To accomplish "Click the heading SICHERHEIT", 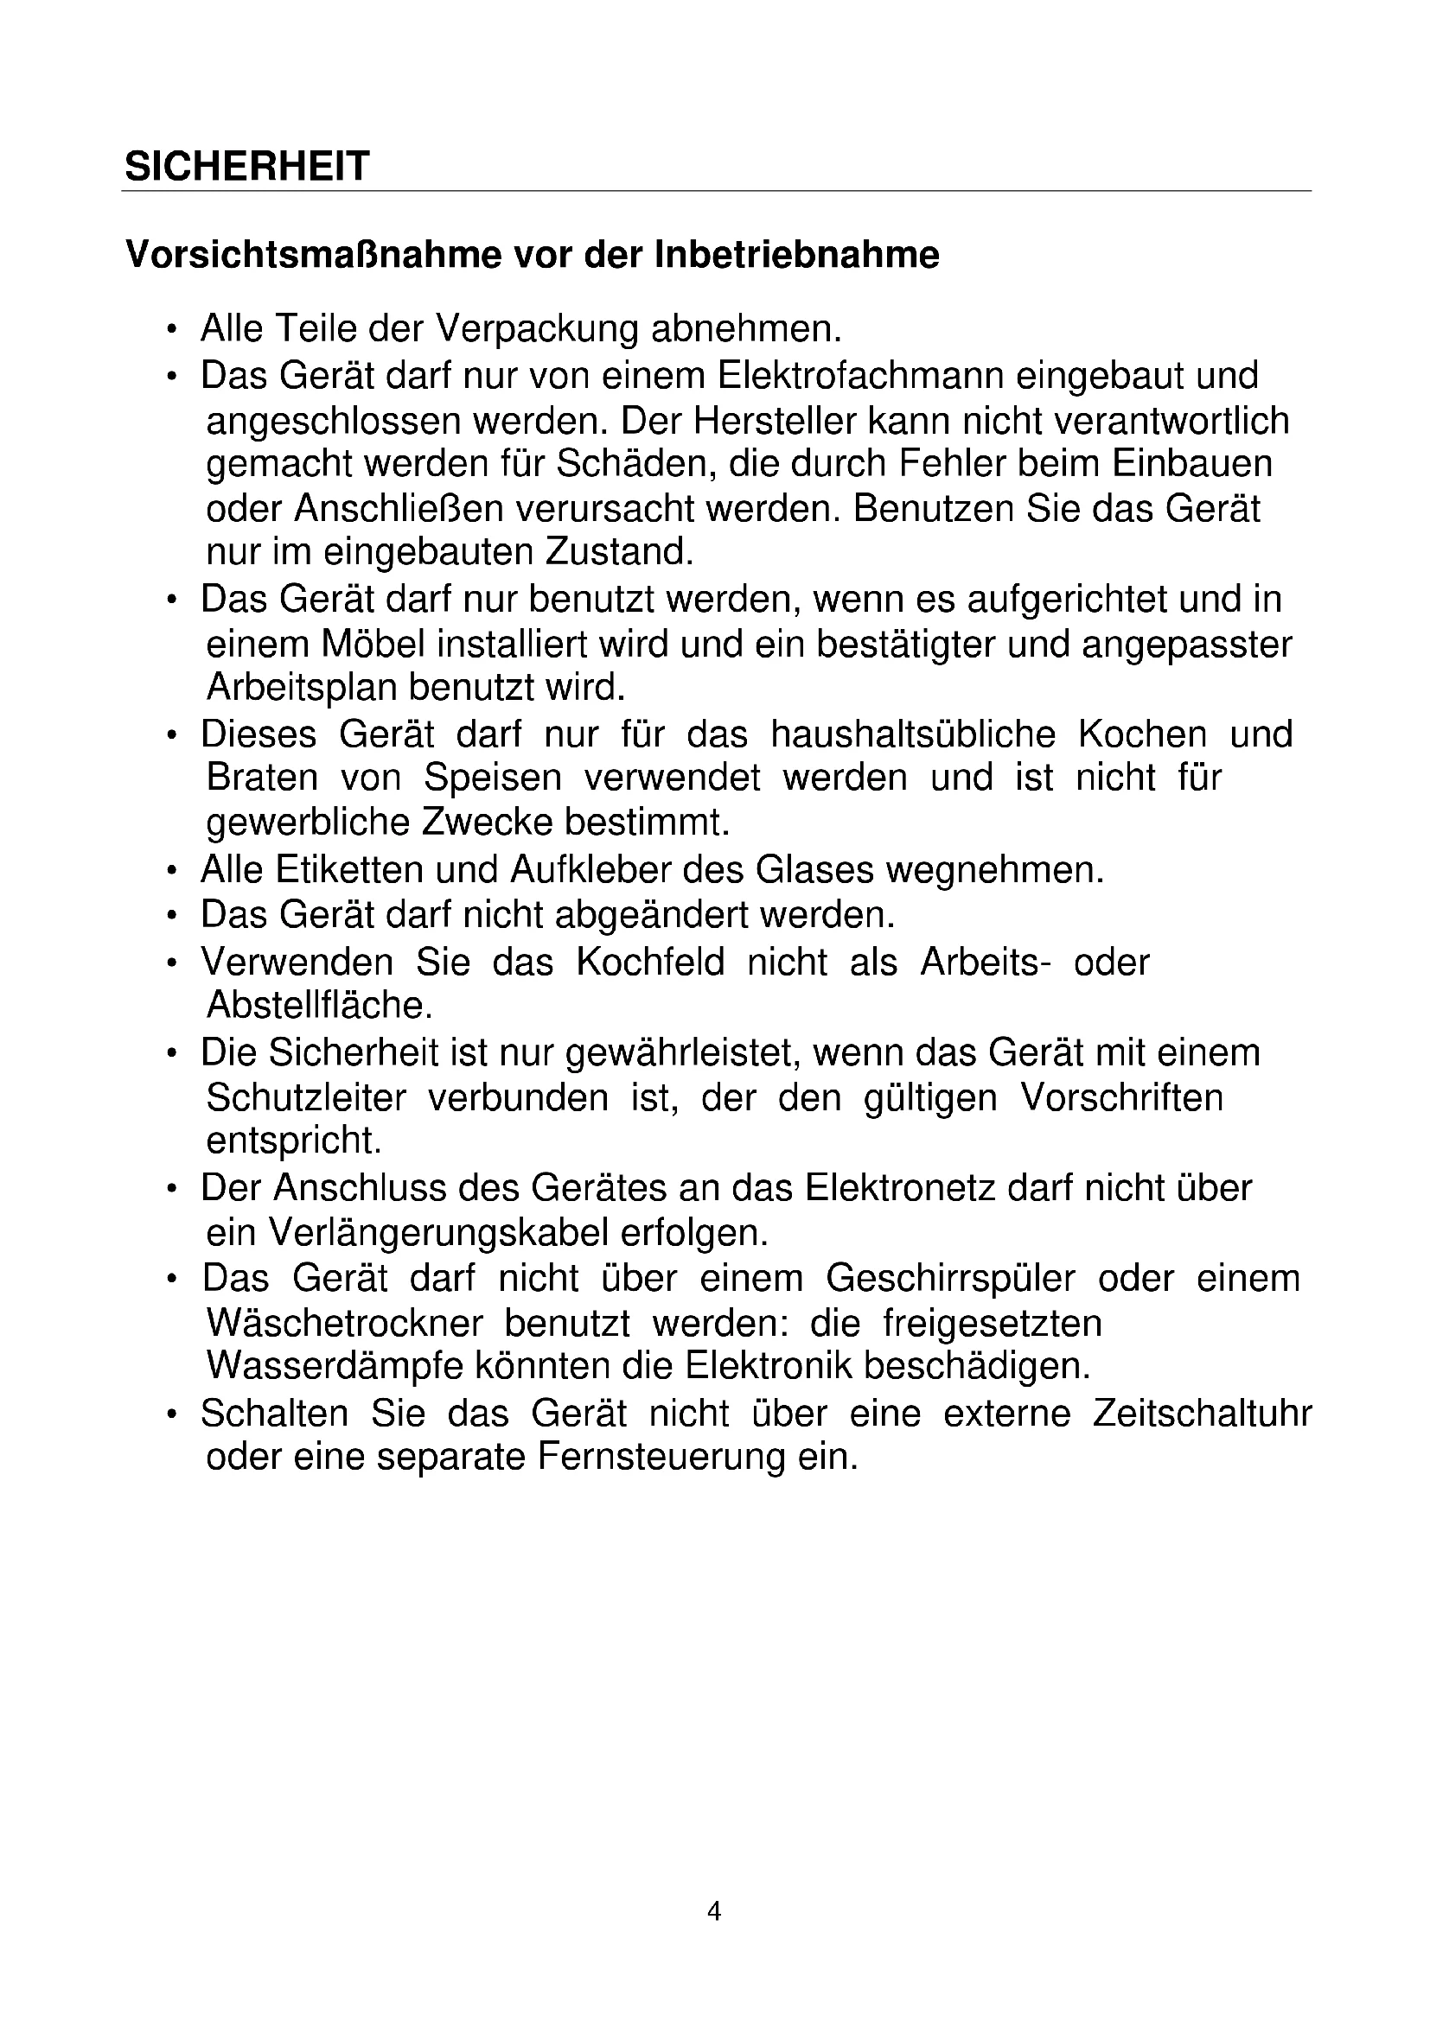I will tap(246, 167).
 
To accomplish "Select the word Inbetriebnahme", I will tap(797, 255).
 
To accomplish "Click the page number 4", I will tap(714, 1911).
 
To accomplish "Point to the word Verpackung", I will tap(537, 329).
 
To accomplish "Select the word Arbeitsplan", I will tap(301, 688).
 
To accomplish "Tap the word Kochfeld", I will tap(650, 962).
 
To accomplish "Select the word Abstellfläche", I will tap(320, 1005).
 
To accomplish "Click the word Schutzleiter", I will tap(305, 1097).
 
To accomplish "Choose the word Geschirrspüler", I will tap(950, 1278).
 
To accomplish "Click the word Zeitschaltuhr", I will tap(1201, 1414).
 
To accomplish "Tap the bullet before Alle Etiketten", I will tap(173, 871).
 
